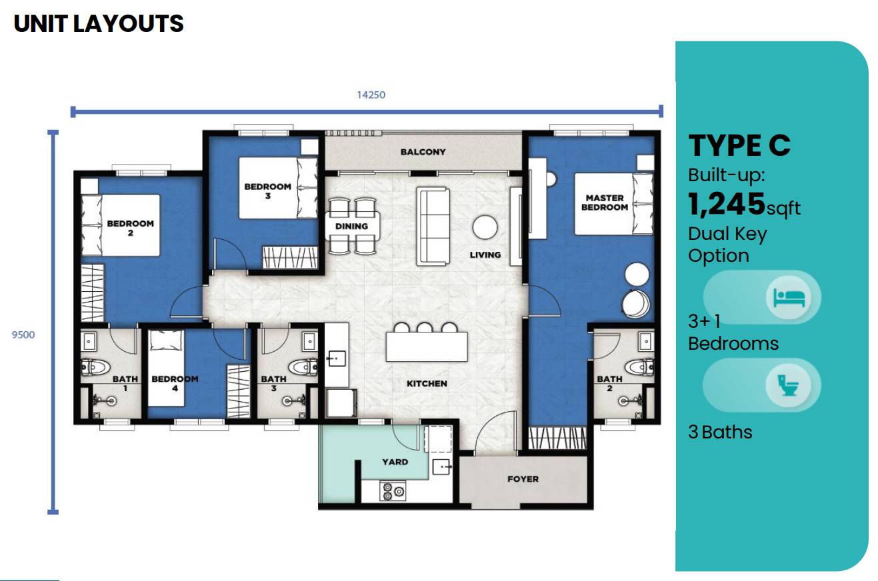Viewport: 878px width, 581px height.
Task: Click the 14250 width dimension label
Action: [371, 95]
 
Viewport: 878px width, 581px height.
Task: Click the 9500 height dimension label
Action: [23, 334]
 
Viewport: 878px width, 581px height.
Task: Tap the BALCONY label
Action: [423, 152]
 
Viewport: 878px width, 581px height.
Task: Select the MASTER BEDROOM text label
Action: [605, 203]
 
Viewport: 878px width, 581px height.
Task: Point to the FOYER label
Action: [523, 478]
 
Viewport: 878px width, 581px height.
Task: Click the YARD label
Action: [395, 461]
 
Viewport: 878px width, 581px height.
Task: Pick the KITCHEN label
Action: [427, 383]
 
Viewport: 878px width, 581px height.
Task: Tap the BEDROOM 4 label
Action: [175, 382]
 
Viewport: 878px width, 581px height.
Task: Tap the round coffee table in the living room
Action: [485, 227]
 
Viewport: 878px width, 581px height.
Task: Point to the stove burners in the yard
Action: [393, 492]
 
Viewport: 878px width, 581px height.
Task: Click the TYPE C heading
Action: [739, 145]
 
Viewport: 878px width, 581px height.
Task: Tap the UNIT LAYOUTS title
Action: [99, 23]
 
